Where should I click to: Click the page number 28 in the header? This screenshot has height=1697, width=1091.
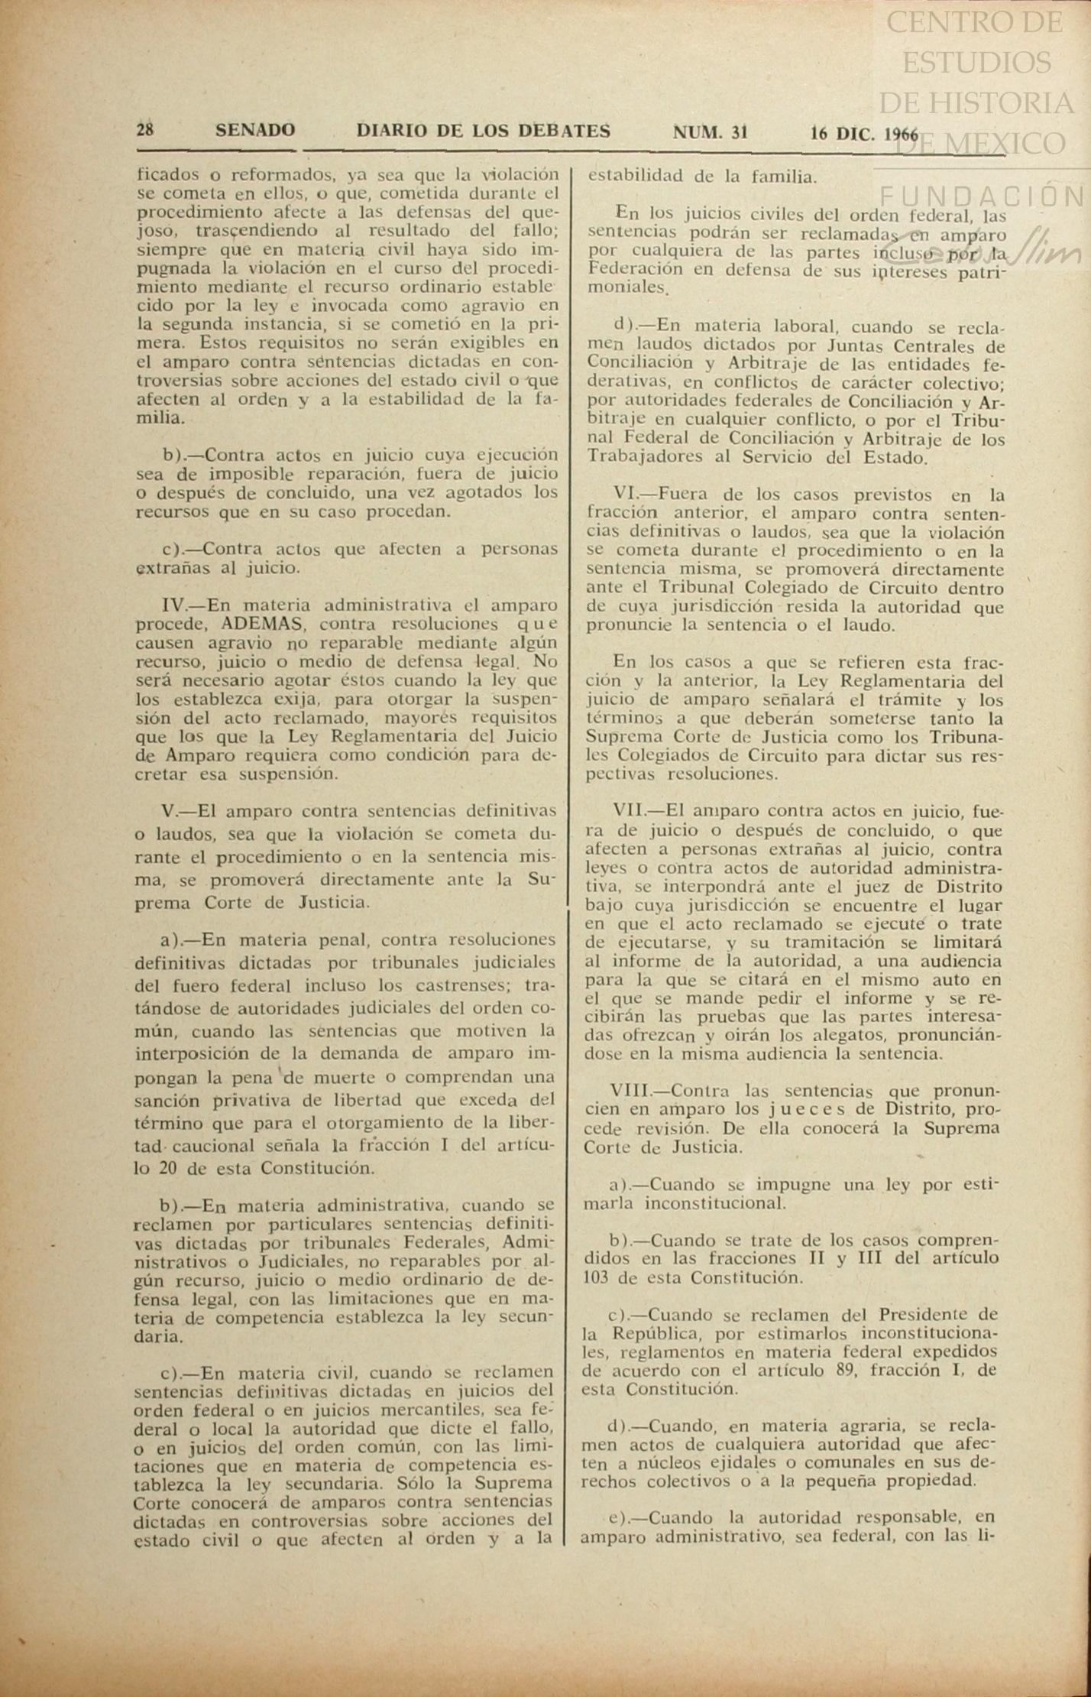[144, 130]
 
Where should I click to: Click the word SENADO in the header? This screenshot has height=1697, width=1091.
[255, 131]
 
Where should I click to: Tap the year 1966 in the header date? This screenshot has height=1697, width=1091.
[901, 133]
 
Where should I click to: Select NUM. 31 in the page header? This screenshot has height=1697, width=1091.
[709, 131]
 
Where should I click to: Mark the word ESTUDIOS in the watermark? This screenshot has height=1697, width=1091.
[976, 62]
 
